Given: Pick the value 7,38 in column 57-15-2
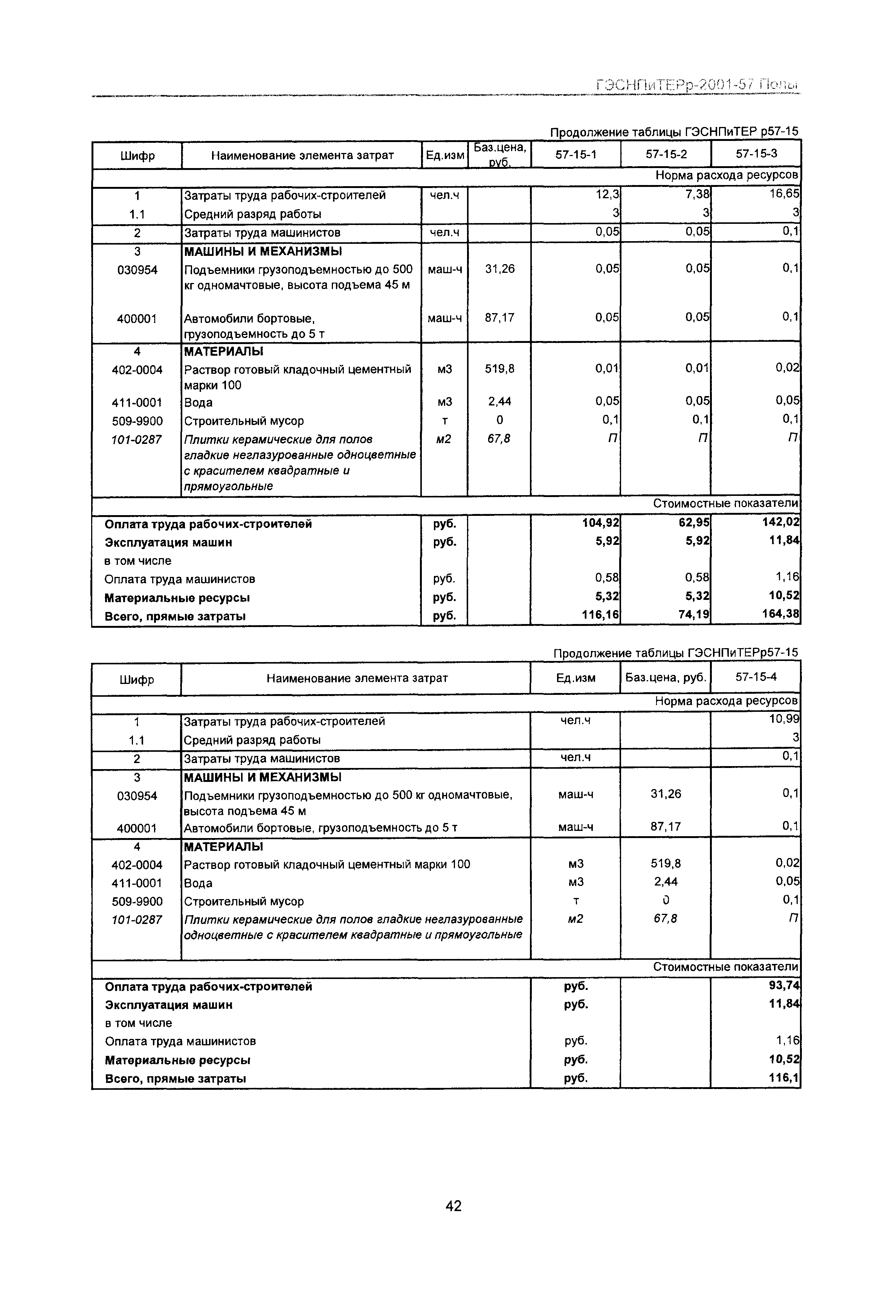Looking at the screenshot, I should [697, 194].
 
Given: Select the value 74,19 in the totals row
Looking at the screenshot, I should [694, 615].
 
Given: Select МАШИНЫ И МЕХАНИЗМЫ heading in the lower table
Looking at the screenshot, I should [263, 777].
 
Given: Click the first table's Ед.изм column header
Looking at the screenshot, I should [444, 156].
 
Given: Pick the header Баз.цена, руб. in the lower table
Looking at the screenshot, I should [665, 678].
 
